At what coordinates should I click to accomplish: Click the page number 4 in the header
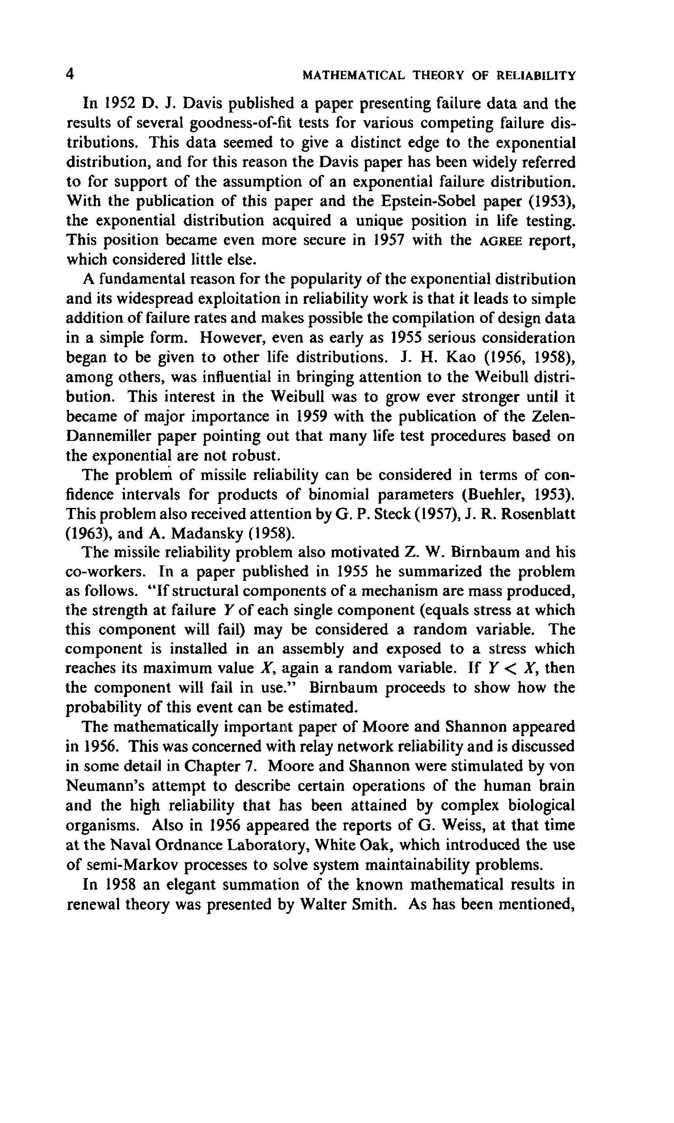[70, 74]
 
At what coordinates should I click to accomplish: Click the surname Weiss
[462, 825]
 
